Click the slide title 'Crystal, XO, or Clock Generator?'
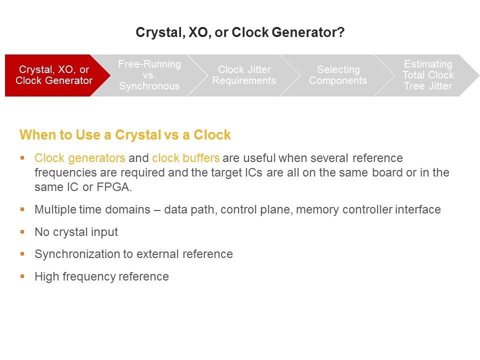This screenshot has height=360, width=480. pyautogui.click(x=240, y=32)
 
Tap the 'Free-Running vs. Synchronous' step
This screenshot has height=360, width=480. pyautogui.click(x=149, y=75)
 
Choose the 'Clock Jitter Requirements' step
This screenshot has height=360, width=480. pyautogui.click(x=244, y=75)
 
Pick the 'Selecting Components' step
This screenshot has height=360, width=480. pyautogui.click(x=338, y=75)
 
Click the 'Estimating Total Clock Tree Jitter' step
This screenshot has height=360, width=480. pyautogui.click(x=428, y=75)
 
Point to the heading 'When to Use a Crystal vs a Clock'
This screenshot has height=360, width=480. pyautogui.click(x=125, y=135)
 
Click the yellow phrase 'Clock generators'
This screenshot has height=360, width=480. pyautogui.click(x=80, y=158)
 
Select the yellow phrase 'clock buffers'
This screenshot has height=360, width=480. pyautogui.click(x=186, y=158)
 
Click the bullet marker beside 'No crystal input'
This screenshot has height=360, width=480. pyautogui.click(x=22, y=231)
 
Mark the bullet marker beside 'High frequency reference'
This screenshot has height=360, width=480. pyautogui.click(x=22, y=276)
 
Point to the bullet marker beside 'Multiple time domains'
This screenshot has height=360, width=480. pyautogui.click(x=22, y=209)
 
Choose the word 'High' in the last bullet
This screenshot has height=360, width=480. pyautogui.click(x=47, y=276)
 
